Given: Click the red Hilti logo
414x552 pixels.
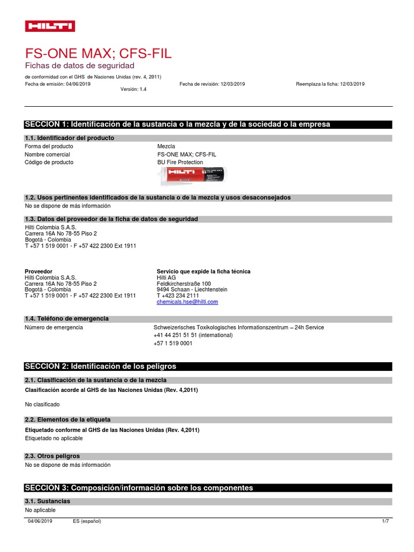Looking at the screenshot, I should click(x=50, y=26).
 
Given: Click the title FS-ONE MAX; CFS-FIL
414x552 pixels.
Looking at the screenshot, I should click(x=99, y=53).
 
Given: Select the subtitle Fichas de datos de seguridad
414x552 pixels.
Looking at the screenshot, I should click(x=79, y=65).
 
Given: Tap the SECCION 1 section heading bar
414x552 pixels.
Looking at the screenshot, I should click(x=208, y=124).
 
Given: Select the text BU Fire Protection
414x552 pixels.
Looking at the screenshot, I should click(x=180, y=162).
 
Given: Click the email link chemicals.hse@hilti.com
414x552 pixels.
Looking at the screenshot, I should click(x=187, y=302).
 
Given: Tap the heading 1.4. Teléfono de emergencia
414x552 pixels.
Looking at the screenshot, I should click(x=67, y=319).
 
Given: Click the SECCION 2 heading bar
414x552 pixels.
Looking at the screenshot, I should click(x=208, y=366).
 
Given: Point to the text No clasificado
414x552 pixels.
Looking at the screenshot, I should click(x=43, y=404).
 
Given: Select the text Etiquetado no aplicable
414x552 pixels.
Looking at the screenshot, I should click(x=54, y=438).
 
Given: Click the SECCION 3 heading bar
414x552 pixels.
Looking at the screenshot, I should click(x=208, y=488).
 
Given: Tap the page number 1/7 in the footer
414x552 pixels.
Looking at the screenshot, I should click(x=385, y=521).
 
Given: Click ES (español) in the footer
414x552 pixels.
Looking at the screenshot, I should click(x=87, y=521).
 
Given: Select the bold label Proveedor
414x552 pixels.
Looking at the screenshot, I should click(x=39, y=271).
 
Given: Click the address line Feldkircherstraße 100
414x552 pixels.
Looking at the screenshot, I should click(x=184, y=284).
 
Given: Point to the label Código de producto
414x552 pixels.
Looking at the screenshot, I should click(x=49, y=162).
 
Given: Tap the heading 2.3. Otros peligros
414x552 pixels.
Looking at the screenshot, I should click(x=52, y=456).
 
